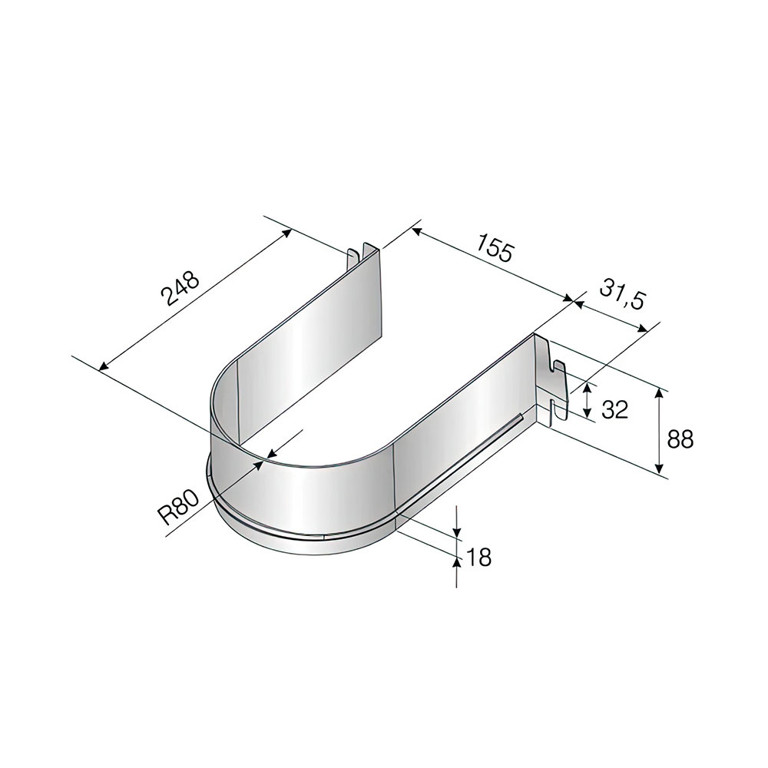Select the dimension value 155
pos(495,248)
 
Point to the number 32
pos(614,409)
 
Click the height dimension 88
pos(680,439)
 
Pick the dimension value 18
pos(478,557)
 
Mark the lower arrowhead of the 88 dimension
pos(660,465)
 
